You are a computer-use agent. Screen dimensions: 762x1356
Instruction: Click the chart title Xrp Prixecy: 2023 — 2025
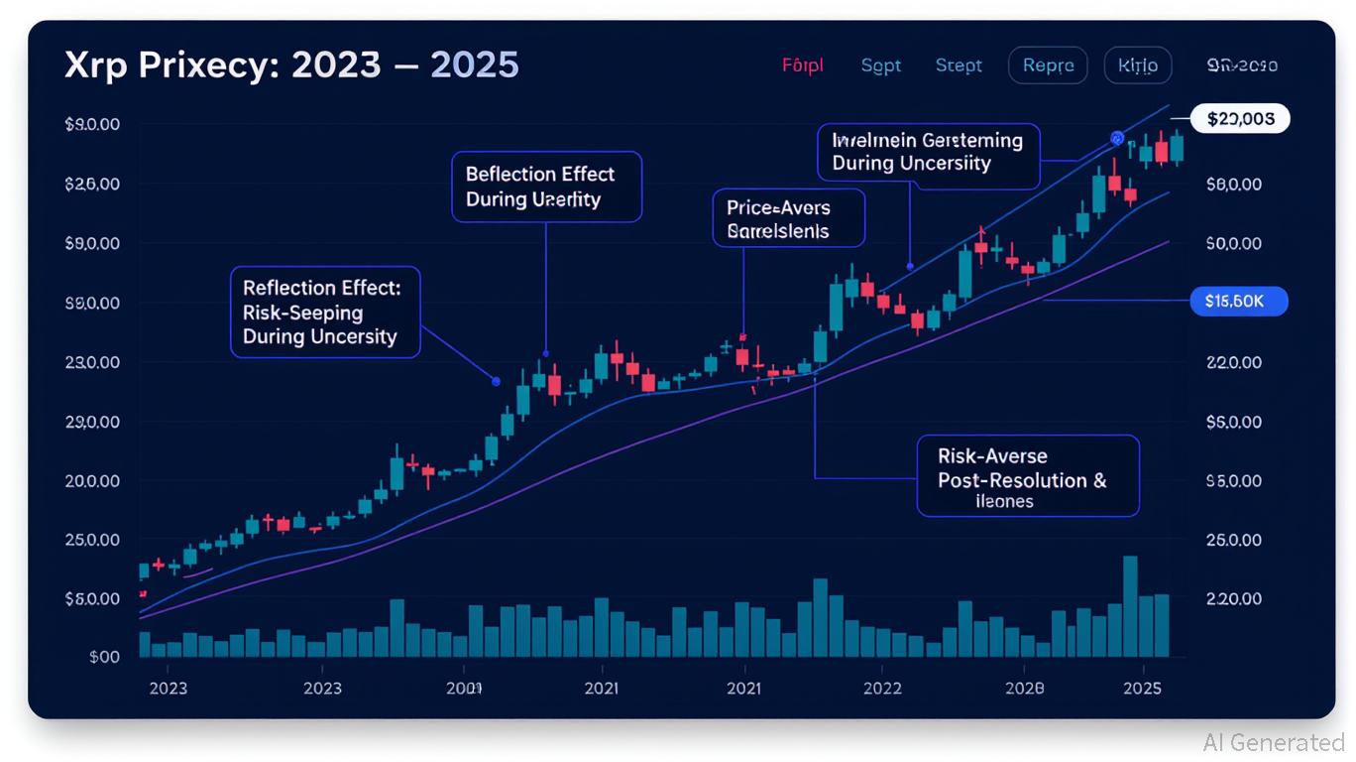click(x=291, y=65)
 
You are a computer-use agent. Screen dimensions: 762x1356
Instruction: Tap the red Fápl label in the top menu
click(x=803, y=65)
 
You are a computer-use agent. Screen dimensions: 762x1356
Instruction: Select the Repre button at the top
click(x=1048, y=65)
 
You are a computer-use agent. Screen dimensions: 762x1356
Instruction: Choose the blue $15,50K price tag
click(x=1238, y=302)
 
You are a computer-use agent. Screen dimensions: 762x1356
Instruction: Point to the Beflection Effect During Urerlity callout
click(x=546, y=187)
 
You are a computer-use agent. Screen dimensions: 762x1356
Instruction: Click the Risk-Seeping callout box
click(x=326, y=312)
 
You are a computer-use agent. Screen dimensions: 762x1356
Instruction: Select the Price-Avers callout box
click(x=788, y=219)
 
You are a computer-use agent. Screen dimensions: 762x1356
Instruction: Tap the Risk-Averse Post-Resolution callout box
click(x=1027, y=476)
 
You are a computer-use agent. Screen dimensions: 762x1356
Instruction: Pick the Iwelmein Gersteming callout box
click(x=928, y=155)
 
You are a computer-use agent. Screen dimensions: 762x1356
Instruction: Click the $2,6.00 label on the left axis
click(x=92, y=185)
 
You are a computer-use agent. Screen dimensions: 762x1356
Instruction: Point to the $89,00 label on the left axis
click(x=92, y=304)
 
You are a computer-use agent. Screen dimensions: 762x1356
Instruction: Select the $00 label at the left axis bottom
click(x=104, y=657)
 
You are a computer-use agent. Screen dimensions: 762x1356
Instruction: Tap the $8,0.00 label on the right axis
click(x=1234, y=185)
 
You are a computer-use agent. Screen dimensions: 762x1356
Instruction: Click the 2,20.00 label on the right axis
click(x=1234, y=599)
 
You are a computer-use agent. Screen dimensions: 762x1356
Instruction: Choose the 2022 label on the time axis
click(x=881, y=688)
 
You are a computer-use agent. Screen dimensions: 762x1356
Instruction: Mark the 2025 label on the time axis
click(x=1142, y=688)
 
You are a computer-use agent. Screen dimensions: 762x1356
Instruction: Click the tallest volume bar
click(x=1130, y=606)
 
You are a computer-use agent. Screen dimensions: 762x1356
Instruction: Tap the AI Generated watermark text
click(x=1273, y=742)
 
